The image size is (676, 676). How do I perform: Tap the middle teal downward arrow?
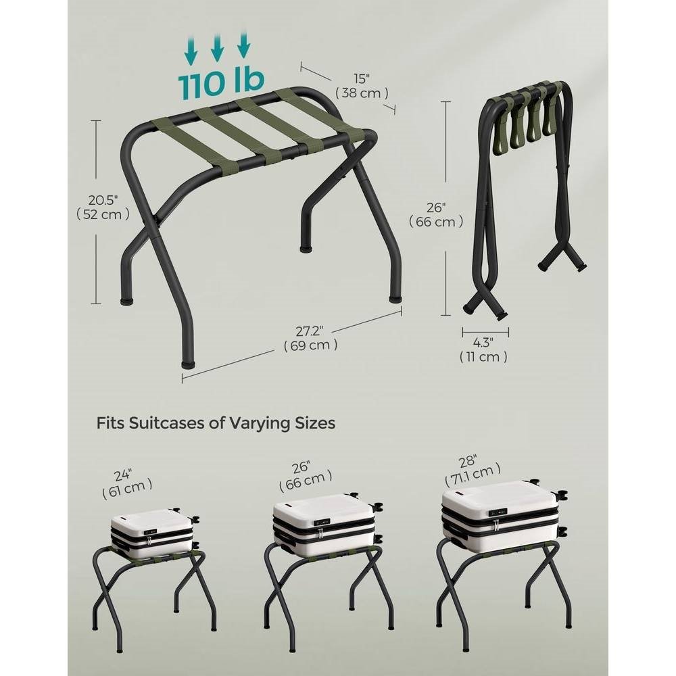tap(217, 47)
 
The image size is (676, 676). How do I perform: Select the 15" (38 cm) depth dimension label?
tap(362, 86)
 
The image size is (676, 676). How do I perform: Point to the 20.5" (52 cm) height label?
tap(103, 207)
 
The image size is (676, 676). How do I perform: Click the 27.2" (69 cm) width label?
tap(310, 338)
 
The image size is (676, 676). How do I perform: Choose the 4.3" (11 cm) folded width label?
tap(483, 349)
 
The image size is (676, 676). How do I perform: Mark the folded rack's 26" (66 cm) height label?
tap(436, 215)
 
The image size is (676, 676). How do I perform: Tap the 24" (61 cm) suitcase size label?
tap(126, 484)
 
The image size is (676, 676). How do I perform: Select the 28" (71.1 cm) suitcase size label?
tap(473, 470)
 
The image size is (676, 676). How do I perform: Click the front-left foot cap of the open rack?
tap(187, 364)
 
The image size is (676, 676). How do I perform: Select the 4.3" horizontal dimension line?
tap(485, 332)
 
